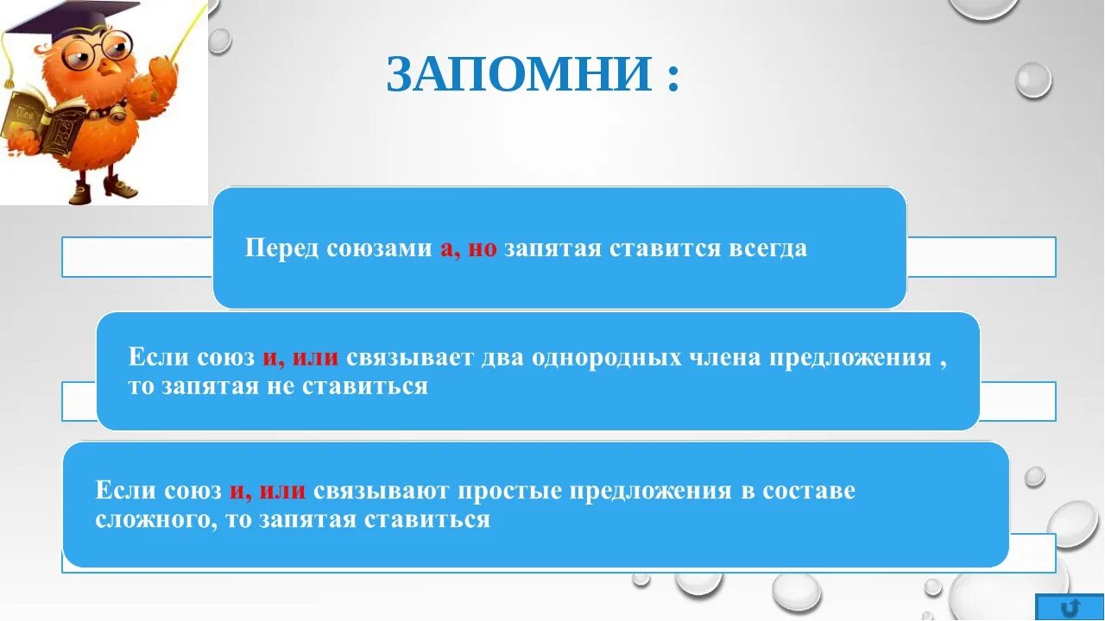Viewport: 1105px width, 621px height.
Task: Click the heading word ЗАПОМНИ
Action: pos(518,75)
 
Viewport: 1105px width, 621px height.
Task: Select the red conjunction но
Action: pos(483,249)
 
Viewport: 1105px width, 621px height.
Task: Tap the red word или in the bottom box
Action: pos(281,491)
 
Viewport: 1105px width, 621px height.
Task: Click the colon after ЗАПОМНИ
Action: pos(672,78)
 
